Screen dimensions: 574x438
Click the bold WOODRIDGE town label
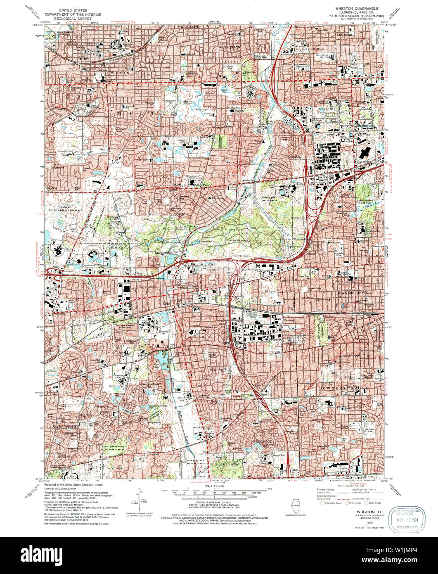262,442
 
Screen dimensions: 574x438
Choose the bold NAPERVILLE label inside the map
66,425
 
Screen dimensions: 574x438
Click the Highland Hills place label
362,126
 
